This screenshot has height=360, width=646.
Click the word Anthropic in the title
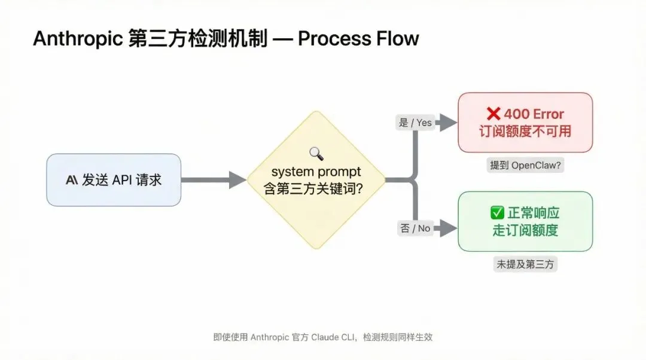click(78, 39)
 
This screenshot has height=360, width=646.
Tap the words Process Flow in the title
click(358, 39)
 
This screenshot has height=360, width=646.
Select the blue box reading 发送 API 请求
click(114, 180)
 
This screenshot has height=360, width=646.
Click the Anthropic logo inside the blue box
click(72, 180)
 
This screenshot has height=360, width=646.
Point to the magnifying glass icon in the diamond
click(316, 154)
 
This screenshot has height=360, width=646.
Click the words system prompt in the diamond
click(316, 172)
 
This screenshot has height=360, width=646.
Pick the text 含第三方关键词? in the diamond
click(313, 188)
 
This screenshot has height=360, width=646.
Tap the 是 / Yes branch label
click(415, 123)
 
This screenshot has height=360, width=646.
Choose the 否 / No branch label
click(415, 228)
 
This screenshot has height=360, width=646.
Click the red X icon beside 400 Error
click(493, 114)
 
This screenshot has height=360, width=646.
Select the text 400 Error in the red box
click(534, 114)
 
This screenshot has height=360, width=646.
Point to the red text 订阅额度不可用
click(525, 132)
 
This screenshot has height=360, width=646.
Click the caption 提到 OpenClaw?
click(525, 165)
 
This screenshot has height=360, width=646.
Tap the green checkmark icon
click(497, 212)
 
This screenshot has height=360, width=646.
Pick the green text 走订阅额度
click(525, 230)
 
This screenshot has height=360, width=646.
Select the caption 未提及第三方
click(525, 264)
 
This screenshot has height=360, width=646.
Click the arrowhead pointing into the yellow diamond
click(237, 180)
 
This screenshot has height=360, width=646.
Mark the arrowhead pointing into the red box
click(448, 123)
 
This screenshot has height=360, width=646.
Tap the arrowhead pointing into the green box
click(448, 228)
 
